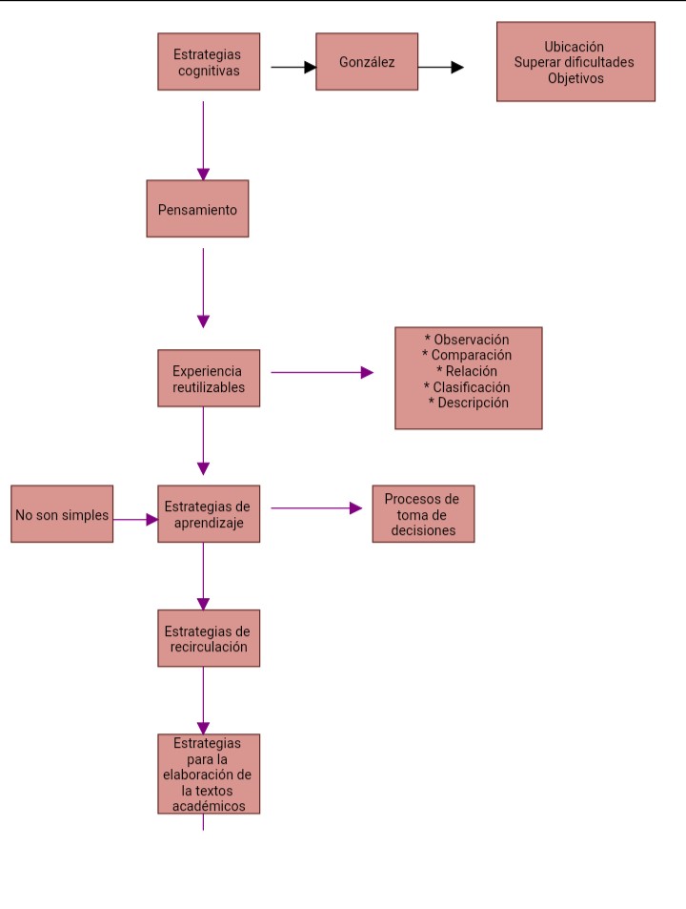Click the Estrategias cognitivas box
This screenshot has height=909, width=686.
point(209,62)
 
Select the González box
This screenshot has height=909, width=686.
point(367,62)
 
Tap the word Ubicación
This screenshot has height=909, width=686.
point(575,47)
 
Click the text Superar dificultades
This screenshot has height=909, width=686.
point(575,63)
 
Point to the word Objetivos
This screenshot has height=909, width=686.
point(575,78)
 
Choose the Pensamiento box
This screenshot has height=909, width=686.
point(197,209)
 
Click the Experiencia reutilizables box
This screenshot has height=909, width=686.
point(209,379)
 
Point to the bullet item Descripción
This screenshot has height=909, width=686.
point(468,403)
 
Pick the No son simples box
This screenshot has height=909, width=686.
point(62,515)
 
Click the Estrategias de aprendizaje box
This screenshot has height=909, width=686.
point(209,514)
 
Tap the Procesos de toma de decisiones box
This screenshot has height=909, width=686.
point(422,514)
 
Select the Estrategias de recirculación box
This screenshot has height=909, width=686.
point(209,638)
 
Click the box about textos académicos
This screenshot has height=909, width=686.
point(209,774)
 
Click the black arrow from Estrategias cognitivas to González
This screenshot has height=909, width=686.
point(293,68)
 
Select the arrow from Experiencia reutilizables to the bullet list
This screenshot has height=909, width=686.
point(322,373)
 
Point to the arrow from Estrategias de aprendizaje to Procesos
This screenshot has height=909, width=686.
point(316,508)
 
